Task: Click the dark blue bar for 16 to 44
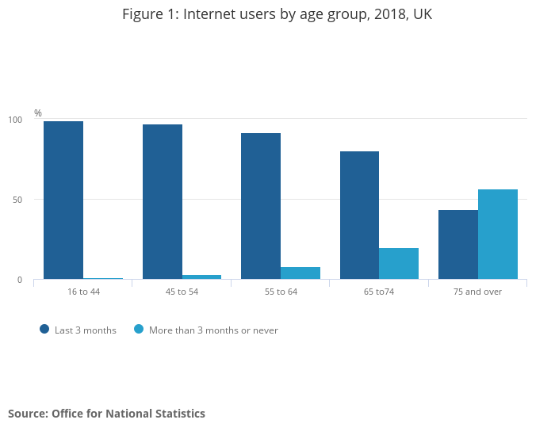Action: click(63, 200)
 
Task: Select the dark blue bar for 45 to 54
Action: click(163, 201)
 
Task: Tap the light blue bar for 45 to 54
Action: click(201, 277)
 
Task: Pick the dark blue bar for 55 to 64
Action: click(261, 206)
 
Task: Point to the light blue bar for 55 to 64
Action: click(300, 273)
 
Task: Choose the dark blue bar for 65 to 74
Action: click(359, 215)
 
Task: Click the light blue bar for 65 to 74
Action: click(399, 263)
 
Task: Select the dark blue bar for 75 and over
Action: click(458, 244)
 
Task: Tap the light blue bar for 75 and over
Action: click(498, 234)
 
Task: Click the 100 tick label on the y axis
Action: click(16, 120)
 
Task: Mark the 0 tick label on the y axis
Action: click(21, 280)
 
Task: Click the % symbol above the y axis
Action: click(37, 113)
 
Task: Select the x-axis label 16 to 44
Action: click(83, 292)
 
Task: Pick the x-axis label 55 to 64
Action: click(281, 292)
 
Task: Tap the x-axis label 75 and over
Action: click(477, 292)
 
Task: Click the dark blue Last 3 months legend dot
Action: click(44, 330)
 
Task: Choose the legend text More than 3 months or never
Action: click(213, 330)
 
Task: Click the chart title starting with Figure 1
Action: click(277, 14)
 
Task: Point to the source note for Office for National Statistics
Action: click(106, 414)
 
